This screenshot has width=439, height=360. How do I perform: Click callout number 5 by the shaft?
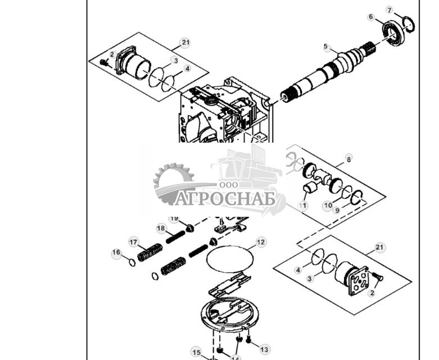pyautogui.click(x=326, y=47)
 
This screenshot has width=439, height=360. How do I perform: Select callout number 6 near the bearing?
pyautogui.click(x=371, y=17)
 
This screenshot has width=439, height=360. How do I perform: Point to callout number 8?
pyautogui.click(x=349, y=160)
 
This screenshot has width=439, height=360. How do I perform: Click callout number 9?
pyautogui.click(x=337, y=211)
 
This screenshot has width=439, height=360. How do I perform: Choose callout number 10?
pyautogui.click(x=327, y=206)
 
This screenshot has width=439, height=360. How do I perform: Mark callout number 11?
pyautogui.click(x=303, y=206)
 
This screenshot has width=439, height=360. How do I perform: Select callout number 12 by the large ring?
pyautogui.click(x=260, y=243)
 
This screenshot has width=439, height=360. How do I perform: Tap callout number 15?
pyautogui.click(x=196, y=353)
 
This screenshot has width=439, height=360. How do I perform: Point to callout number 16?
pyautogui.click(x=116, y=253)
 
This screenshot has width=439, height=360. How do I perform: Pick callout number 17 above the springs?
pyautogui.click(x=134, y=242)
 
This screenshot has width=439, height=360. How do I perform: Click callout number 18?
pyautogui.click(x=161, y=229)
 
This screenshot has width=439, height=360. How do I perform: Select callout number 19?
pyautogui.click(x=174, y=218)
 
